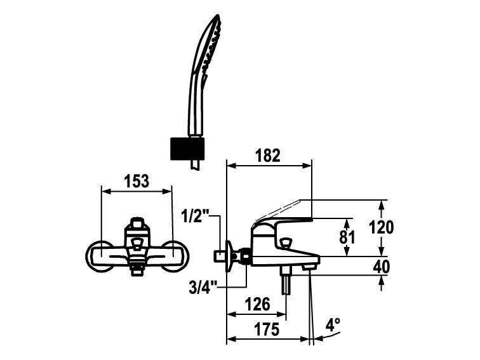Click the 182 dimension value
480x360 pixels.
267,156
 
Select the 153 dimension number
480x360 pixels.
137,181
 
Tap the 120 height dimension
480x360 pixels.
382,227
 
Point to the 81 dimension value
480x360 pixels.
347,237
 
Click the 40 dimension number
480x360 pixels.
381,267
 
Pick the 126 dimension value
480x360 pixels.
257,304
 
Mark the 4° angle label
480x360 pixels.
333,324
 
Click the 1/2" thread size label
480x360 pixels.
194,216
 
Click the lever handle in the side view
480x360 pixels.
283,222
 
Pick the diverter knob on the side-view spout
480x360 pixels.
286,243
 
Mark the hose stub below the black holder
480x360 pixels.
196,165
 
